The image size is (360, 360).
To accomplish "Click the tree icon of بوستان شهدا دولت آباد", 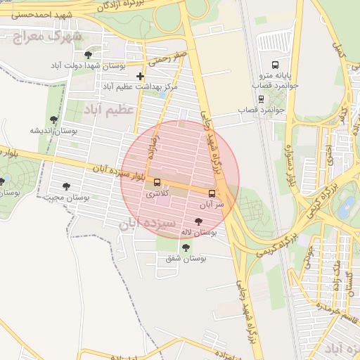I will (x=88, y=54).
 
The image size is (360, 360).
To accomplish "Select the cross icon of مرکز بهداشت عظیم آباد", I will (x=141, y=76).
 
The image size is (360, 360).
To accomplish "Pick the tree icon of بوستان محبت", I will (x=66, y=186).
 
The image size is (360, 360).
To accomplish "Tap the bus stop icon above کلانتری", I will (x=156, y=183).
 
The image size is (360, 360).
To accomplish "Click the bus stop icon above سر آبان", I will (x=212, y=193).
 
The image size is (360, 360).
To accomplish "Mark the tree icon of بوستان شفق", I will (x=186, y=247).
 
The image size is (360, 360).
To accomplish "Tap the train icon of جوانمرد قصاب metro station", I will (x=262, y=98).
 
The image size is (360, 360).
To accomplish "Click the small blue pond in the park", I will (x=347, y=206).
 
